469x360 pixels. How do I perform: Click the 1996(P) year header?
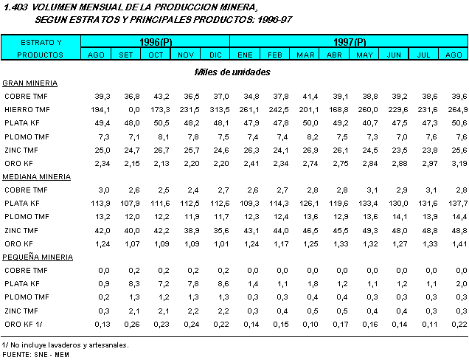coord(156,41)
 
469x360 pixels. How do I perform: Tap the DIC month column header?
coord(215,55)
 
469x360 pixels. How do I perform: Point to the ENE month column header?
coord(246,55)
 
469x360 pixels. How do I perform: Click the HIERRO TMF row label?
coord(27,109)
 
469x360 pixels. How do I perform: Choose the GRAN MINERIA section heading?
coord(30,83)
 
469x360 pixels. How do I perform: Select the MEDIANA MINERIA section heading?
coord(37,176)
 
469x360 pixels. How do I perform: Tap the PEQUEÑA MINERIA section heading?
coord(38,257)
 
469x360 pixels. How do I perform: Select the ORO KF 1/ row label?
coord(23,324)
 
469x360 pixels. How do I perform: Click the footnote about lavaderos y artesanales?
coord(65,345)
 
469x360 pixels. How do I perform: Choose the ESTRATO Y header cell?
coord(40,41)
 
